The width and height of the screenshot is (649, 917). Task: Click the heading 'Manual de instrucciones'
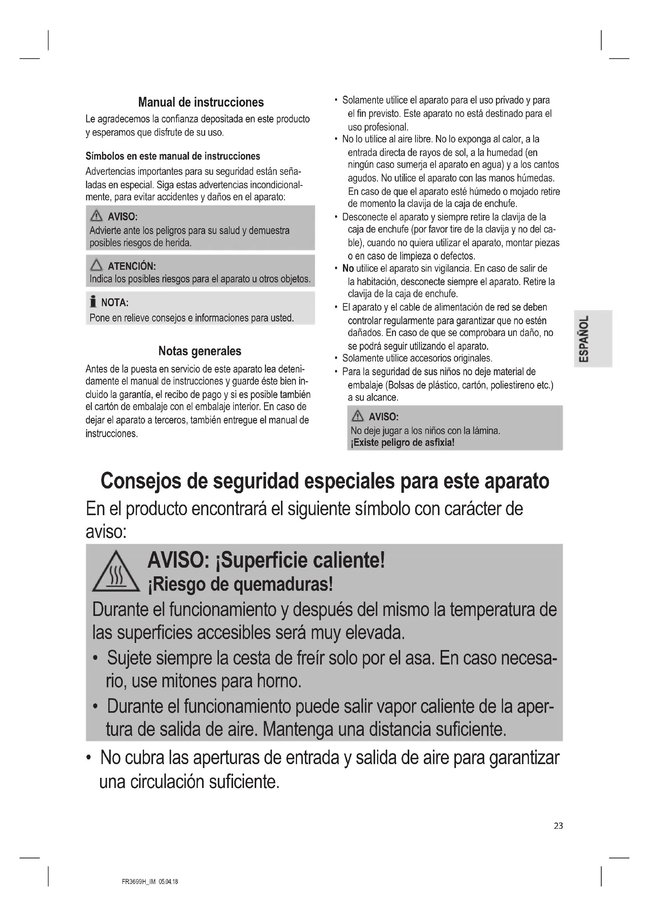[x=201, y=102]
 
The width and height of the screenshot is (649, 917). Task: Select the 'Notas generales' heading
[x=200, y=351]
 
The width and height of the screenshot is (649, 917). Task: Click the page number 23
[x=558, y=826]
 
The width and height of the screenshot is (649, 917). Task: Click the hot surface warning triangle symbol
[x=116, y=572]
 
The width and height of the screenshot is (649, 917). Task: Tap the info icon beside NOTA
[x=93, y=302]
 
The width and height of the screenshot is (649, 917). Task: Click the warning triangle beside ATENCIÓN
[x=96, y=265]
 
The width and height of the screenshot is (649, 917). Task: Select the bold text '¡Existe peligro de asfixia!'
[x=403, y=443]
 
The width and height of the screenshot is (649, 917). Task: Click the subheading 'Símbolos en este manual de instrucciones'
[x=173, y=156]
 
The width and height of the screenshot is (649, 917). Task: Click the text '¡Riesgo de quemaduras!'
[x=240, y=585]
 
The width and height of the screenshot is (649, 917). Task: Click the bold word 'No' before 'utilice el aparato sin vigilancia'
[x=348, y=269]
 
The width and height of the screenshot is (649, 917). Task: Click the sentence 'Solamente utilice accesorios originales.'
[x=417, y=358]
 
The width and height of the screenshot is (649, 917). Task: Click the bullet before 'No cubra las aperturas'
[x=89, y=758]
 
